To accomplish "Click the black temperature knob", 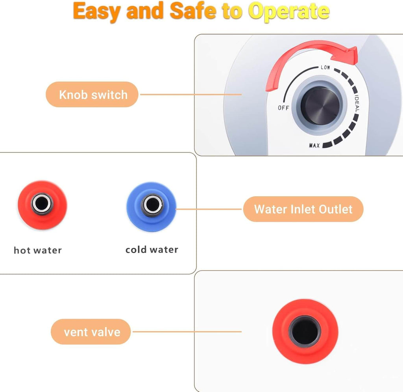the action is point(320,106).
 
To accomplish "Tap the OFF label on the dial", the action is point(283,108).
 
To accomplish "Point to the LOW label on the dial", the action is point(325,67).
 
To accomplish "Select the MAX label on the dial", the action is point(314,146).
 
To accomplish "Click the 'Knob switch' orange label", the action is point(92,95).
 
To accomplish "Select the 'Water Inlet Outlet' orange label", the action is point(303,209).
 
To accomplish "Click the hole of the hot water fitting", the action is point(42,203).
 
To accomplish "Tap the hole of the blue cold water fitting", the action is point(152,205).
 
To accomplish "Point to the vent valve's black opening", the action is point(305,332).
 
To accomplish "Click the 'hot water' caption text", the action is point(38,250).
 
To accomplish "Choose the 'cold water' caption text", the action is point(152,249).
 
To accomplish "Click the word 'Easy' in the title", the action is point(97,11).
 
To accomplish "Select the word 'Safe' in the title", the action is point(193,11).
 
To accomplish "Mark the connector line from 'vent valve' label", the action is point(187,332).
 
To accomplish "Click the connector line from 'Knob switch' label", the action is point(191,95).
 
